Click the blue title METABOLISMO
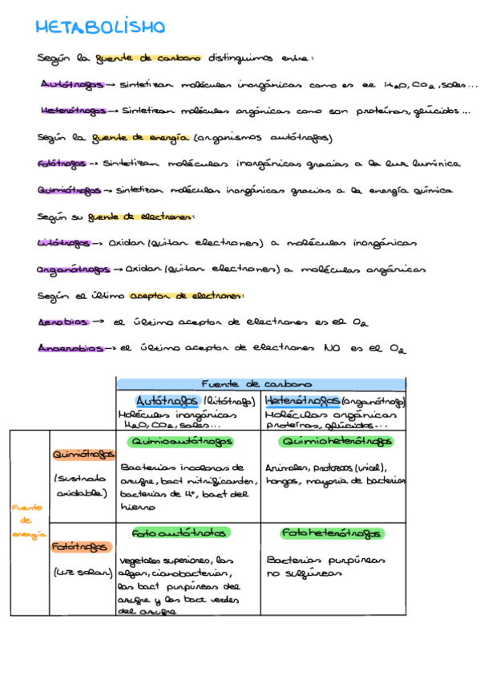pos(100,28)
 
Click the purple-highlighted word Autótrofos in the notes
pos(70,84)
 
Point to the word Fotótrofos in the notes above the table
pos(62,164)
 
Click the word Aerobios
pos(63,322)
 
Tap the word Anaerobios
pos(71,348)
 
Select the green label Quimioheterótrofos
pos(335,442)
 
